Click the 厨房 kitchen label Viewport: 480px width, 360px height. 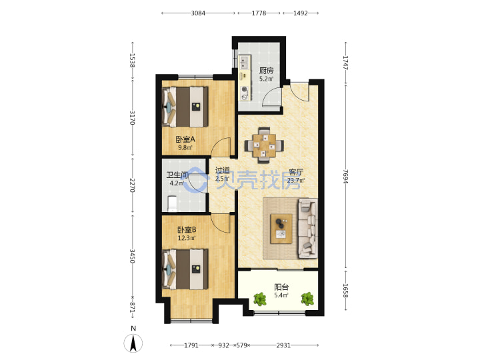tap(266, 71)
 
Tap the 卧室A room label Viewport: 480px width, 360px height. tap(185, 139)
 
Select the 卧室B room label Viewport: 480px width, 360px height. tap(187, 229)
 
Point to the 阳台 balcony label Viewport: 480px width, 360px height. tap(281, 287)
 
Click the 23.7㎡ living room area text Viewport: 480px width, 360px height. tap(296, 180)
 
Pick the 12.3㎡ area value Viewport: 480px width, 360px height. tap(187, 238)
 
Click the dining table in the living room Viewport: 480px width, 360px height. tap(264, 145)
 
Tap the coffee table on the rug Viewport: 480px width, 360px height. tap(281, 229)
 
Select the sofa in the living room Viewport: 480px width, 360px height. tap(307, 229)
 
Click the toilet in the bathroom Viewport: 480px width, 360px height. tap(173, 203)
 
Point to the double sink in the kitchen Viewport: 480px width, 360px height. tap(244, 62)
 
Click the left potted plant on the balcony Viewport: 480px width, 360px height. tap(260, 299)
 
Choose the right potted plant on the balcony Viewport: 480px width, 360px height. tap(307, 299)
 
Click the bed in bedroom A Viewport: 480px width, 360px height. tap(185, 107)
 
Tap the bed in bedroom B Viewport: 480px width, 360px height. tap(185, 269)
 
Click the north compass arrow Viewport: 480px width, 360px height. tap(133, 343)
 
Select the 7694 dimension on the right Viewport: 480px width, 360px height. tap(345, 176)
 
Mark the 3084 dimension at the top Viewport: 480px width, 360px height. tap(198, 13)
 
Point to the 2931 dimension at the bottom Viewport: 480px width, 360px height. tap(283, 345)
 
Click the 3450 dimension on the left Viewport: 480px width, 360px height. tap(132, 256)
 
